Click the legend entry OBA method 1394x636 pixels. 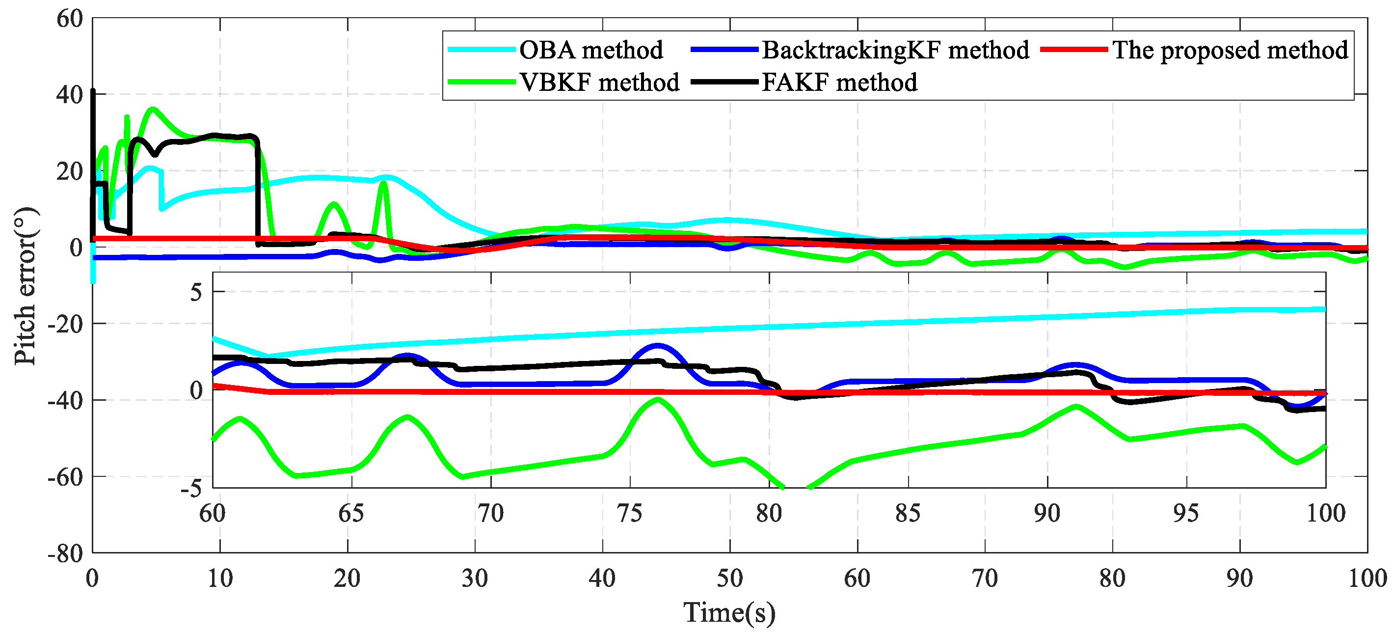[590, 50]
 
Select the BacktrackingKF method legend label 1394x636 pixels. [895, 50]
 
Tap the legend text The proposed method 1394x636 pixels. [1230, 50]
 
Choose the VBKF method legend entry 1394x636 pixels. [599, 83]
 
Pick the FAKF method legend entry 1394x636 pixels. [839, 83]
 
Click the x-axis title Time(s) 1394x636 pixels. [729, 613]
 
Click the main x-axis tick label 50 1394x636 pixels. [729, 579]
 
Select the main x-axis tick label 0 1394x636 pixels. [93, 579]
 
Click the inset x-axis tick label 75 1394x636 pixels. [629, 513]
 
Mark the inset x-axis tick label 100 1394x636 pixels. [1325, 513]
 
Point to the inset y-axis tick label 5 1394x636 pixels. [196, 293]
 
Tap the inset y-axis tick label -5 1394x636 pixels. [191, 489]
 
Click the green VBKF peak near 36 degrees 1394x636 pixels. [154, 110]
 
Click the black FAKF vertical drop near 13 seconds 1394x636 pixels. [258, 190]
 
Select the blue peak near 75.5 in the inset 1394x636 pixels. [657, 345]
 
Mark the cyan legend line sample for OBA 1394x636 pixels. [481, 50]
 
